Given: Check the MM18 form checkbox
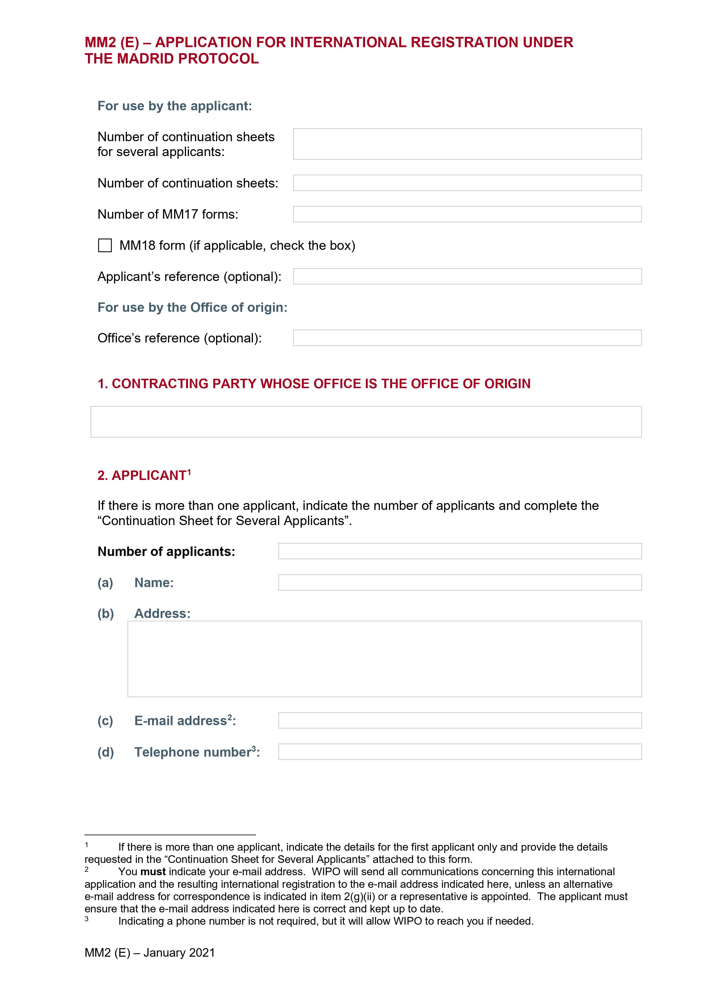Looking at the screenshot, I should click(105, 246).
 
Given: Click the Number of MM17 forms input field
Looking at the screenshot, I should click(467, 214).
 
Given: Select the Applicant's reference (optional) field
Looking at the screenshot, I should click(467, 276).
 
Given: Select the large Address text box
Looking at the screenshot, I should click(384, 659).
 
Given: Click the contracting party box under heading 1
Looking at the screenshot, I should click(366, 422).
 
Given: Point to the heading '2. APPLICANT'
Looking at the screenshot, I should click(144, 475).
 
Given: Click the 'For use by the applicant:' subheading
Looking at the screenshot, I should click(175, 106).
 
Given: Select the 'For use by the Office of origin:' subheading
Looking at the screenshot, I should click(192, 308).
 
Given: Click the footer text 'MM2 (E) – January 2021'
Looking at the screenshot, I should click(150, 953).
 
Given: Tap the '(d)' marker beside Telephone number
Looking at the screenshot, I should click(105, 752).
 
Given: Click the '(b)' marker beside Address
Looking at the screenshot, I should click(105, 614).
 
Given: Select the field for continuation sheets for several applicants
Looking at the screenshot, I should click(467, 144).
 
